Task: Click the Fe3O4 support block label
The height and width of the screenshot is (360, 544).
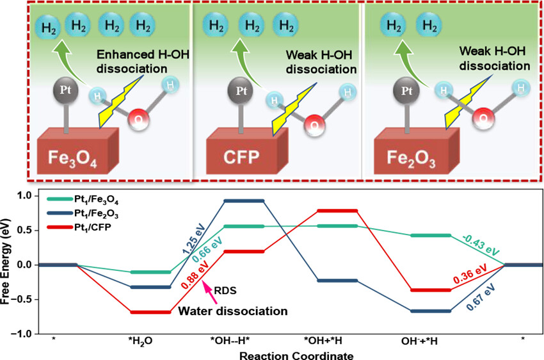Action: [x=72, y=158]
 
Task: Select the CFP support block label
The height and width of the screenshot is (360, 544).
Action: [x=241, y=158]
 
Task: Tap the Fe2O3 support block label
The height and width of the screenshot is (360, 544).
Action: [x=411, y=159]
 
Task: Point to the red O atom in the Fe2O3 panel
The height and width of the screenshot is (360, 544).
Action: [x=483, y=119]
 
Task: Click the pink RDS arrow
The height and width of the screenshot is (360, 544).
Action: [x=210, y=292]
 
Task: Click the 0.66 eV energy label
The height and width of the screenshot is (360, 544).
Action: [x=207, y=250]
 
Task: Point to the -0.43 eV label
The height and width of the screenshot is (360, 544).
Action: [x=481, y=245]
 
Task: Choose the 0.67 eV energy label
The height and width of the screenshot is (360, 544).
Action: [x=481, y=297]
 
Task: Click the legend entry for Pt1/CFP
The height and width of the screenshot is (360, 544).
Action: [x=79, y=228]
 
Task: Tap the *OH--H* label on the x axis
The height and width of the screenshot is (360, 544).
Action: [x=230, y=341]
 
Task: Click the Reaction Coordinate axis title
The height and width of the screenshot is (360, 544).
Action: [x=296, y=356]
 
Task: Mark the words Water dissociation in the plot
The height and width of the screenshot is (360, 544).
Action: [x=233, y=311]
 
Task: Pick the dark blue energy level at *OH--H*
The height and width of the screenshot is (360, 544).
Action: [x=244, y=200]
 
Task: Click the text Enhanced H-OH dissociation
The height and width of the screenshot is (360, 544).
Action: [x=143, y=61]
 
